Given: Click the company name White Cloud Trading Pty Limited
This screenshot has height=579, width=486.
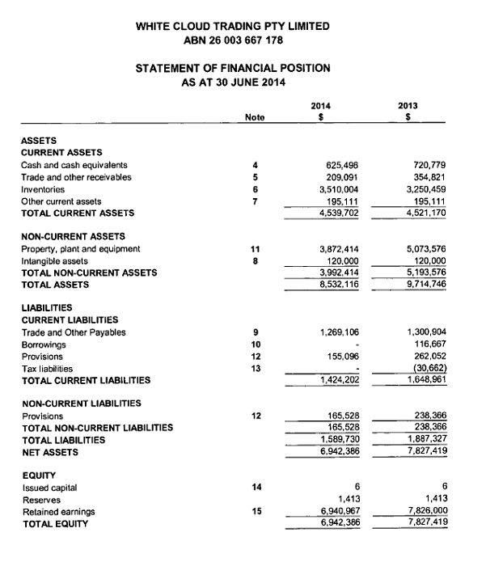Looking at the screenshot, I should coord(233,26).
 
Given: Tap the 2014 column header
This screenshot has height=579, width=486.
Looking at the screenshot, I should coord(321,105).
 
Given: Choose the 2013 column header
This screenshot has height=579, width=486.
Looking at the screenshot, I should coord(410,105).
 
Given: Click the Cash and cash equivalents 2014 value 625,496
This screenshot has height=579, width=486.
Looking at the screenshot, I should coord(341,165).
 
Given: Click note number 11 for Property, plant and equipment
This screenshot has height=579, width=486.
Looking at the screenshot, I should coord(255,248).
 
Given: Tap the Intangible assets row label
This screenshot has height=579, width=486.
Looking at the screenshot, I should coord(55,260).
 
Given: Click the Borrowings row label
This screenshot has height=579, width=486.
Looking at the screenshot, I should coord(42,344).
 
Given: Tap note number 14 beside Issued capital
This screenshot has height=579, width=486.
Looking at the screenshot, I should coord(255,487).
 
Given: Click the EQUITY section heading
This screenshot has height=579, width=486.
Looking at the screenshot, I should coord(37,475).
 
